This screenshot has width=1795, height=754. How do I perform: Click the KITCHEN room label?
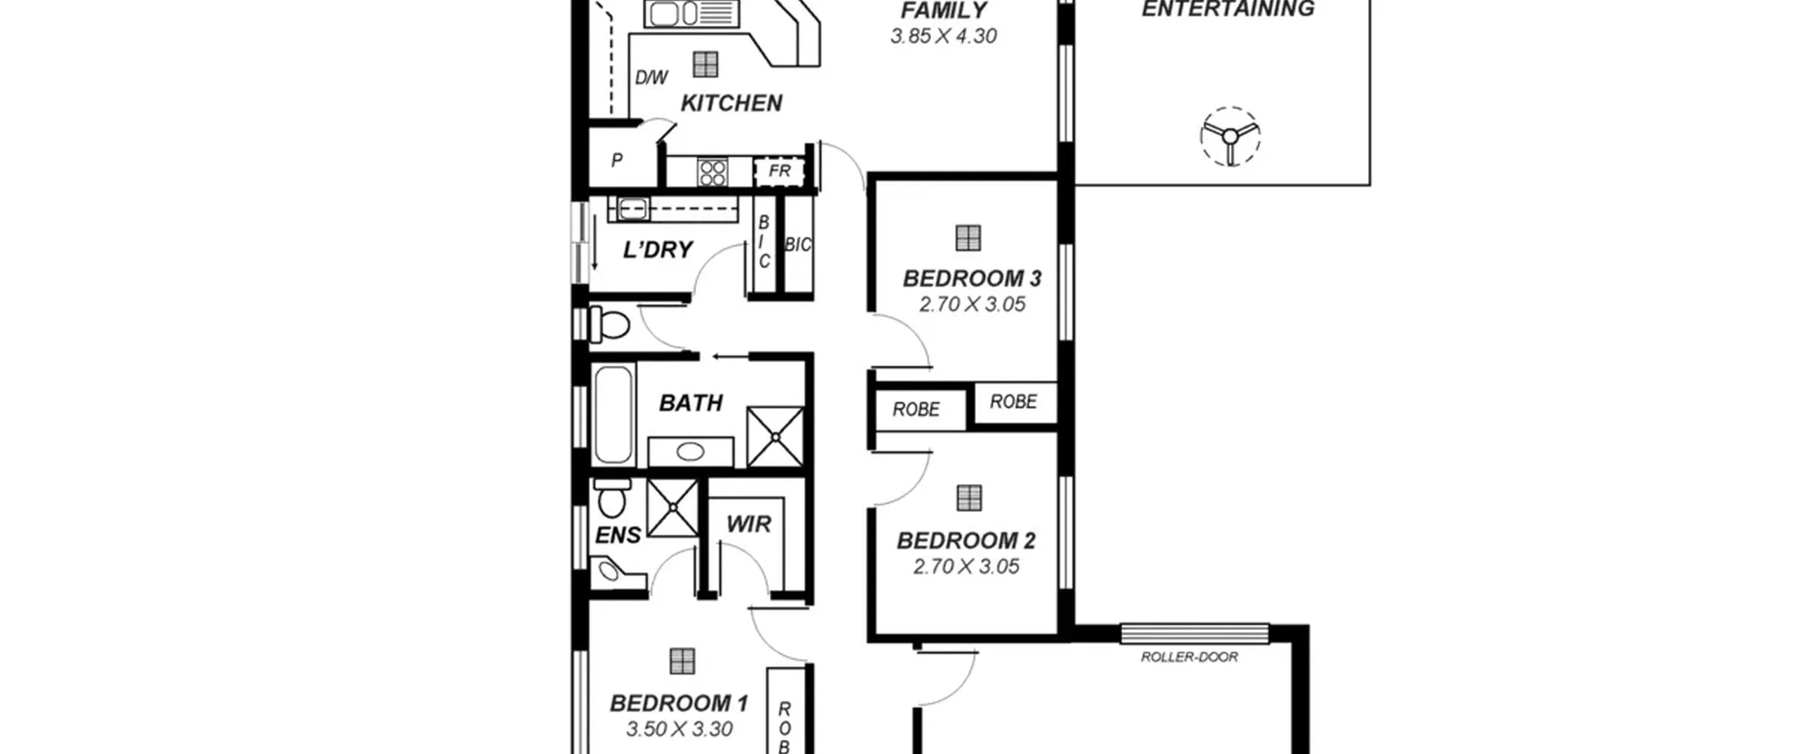tap(731, 103)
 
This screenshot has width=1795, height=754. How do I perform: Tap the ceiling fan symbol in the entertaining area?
tap(1230, 137)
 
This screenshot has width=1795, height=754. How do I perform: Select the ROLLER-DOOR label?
tap(1189, 657)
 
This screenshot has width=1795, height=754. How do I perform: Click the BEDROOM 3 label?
tap(972, 278)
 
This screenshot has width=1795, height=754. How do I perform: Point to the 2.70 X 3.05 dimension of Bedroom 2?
tap(966, 567)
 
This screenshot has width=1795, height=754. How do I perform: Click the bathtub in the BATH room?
tap(613, 415)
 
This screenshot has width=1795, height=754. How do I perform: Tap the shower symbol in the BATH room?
tap(775, 437)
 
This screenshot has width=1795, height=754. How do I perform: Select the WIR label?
tap(749, 524)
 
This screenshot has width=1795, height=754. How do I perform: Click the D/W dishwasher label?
tap(651, 77)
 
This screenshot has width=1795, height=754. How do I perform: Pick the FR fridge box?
tap(779, 171)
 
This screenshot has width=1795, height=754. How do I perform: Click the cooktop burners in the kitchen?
tap(712, 173)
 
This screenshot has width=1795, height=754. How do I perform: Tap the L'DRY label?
tap(658, 250)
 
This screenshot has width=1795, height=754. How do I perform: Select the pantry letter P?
tap(617, 161)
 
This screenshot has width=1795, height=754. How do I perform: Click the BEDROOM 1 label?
tap(679, 703)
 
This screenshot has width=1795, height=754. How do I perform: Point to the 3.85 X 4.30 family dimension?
tap(944, 36)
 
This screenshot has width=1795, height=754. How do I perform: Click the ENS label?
tap(618, 536)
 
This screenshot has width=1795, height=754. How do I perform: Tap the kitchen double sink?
tap(691, 13)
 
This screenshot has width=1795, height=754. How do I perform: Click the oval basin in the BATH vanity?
tap(690, 452)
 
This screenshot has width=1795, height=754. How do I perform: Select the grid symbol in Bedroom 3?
tap(968, 238)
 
